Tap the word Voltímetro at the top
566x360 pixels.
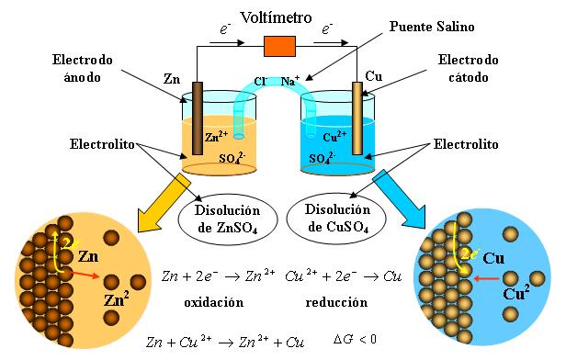[x=277, y=17]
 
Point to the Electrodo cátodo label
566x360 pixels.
[x=469, y=69]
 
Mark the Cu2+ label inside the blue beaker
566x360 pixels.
[x=335, y=137]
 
